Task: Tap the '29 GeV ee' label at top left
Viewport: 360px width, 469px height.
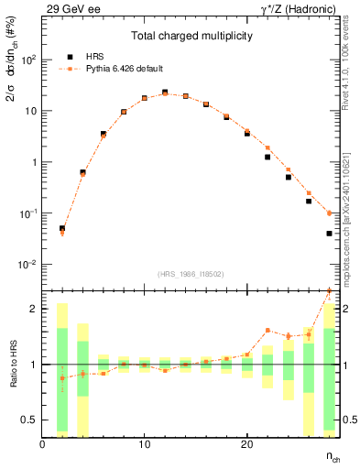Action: [x=67, y=9]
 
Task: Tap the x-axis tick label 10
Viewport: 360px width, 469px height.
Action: [x=145, y=444]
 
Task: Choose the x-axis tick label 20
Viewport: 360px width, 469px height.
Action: [x=246, y=444]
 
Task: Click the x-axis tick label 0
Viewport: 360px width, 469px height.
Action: [x=43, y=444]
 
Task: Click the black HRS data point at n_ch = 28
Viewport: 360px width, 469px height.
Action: [x=329, y=234]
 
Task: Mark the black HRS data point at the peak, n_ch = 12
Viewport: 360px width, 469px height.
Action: [x=165, y=93]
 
